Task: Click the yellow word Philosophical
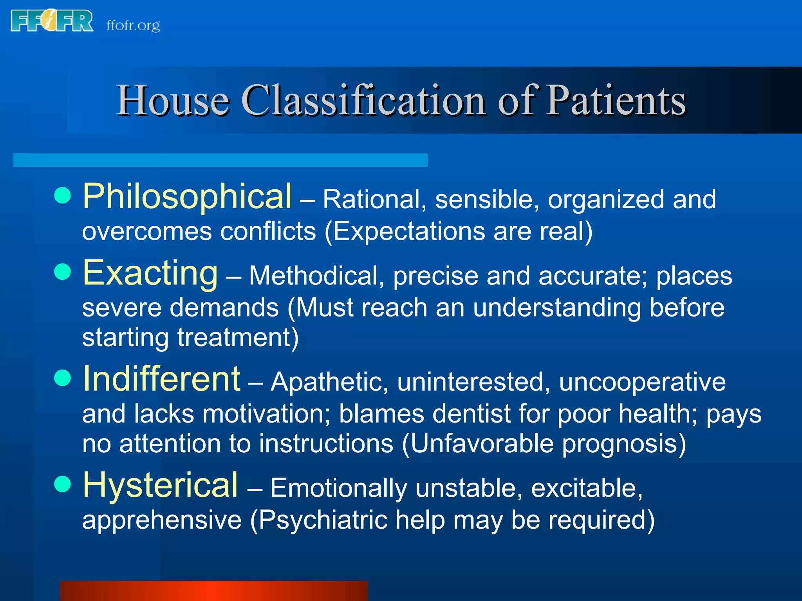coord(187,196)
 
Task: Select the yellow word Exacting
coord(150,273)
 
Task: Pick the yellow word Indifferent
coord(161,379)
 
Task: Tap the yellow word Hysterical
coord(160,485)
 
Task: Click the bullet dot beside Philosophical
coord(63,195)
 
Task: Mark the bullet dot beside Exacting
coord(63,272)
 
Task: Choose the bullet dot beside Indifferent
coord(63,378)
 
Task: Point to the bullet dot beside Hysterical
coord(63,484)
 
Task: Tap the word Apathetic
coord(329,382)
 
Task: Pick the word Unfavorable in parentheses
coord(482,444)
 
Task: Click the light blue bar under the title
coord(220,160)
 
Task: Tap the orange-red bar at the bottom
coord(214,591)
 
